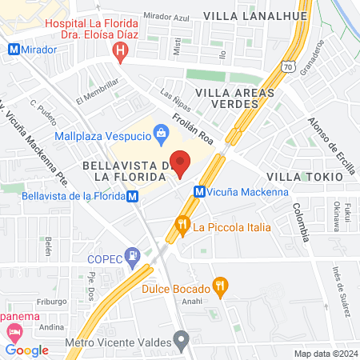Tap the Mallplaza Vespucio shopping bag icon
point(161,132)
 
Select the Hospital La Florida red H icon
point(121,54)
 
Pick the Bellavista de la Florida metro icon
point(133,196)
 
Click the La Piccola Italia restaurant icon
point(183,226)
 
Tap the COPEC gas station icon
point(135,256)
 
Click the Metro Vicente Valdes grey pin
point(183,340)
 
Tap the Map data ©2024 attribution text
point(325,354)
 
